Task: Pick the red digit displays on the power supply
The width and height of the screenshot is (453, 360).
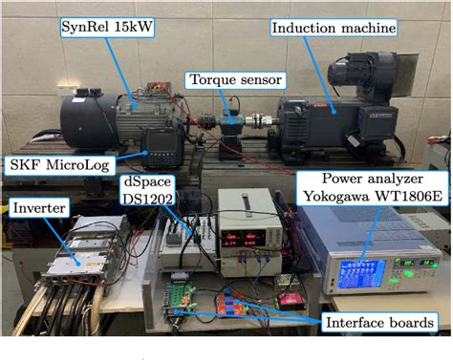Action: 238,235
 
